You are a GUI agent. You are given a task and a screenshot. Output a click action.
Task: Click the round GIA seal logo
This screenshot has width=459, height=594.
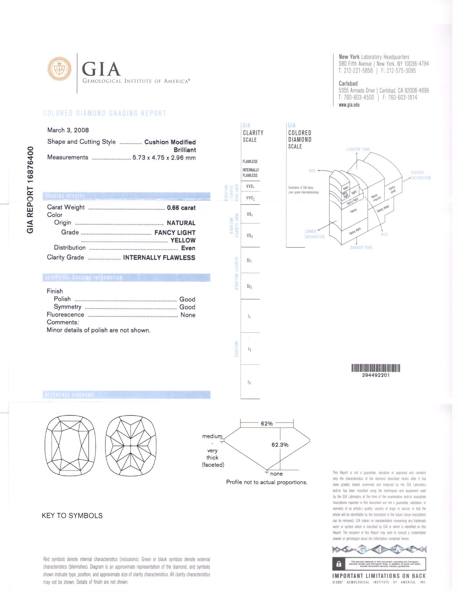click(x=59, y=68)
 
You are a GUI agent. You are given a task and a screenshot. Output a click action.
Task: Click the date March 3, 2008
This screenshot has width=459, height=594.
click(x=68, y=130)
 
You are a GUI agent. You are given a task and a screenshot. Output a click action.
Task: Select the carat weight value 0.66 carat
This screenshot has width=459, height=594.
click(x=181, y=208)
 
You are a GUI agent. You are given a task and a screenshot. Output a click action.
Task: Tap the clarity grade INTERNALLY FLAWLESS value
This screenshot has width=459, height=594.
click(x=159, y=258)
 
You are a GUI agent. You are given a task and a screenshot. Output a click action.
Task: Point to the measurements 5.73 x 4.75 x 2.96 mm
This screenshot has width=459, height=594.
click(x=164, y=158)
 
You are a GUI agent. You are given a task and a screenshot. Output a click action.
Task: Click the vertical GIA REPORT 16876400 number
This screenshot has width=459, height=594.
click(x=31, y=190)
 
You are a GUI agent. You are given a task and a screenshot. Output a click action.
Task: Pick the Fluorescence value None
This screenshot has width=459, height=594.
click(x=188, y=315)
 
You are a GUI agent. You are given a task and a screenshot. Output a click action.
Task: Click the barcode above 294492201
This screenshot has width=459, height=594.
click(x=375, y=368)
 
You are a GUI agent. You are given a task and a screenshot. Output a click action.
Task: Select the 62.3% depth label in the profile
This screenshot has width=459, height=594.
click(x=280, y=445)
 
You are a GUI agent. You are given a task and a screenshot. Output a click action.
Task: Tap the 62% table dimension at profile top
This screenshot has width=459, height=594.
click(x=266, y=424)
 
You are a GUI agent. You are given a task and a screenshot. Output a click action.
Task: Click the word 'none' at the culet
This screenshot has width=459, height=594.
click(x=276, y=474)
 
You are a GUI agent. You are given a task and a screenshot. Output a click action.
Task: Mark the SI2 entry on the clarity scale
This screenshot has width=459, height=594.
click(x=249, y=287)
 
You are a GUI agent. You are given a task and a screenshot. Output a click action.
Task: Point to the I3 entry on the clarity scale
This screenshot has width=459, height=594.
click(x=249, y=382)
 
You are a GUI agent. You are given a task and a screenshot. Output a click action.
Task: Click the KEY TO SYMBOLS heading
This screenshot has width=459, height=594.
click(x=72, y=516)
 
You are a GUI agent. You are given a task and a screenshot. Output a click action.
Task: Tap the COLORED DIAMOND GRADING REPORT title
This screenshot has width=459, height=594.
click(x=104, y=113)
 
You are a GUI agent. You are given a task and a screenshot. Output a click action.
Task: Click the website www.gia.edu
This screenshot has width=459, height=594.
click(x=349, y=105)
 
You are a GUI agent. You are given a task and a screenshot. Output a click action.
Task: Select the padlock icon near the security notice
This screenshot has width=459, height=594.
click(x=338, y=564)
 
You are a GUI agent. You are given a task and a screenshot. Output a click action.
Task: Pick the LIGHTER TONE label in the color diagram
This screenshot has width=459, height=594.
click(x=358, y=149)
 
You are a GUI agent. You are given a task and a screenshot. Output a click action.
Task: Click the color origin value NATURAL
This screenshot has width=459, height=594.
click(x=181, y=223)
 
